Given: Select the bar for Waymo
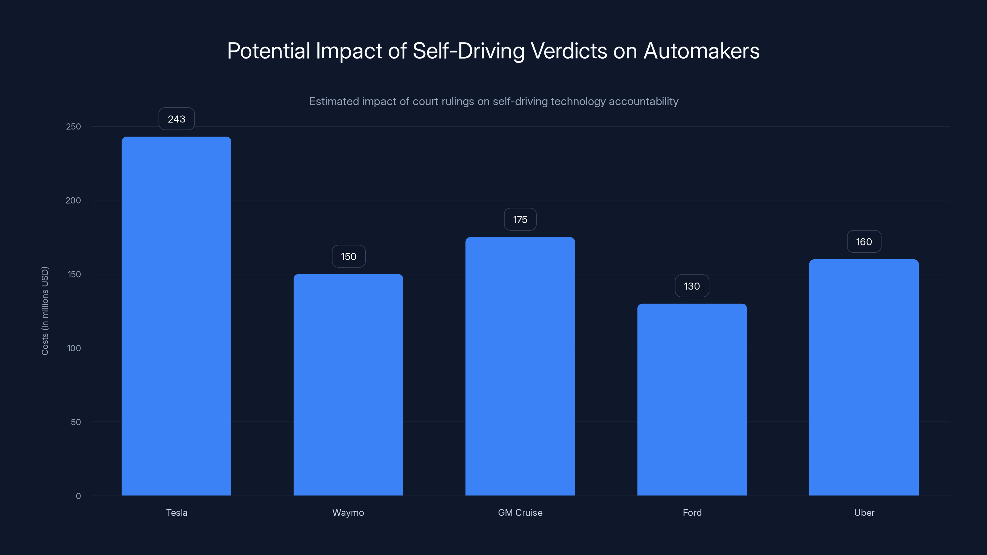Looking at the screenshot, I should (348, 384).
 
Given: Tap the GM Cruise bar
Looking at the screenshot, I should (520, 366).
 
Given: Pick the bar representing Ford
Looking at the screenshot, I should (692, 400).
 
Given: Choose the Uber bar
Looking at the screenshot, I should (864, 377).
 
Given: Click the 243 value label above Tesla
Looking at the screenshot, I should (177, 119).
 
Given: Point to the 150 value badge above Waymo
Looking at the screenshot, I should (348, 257).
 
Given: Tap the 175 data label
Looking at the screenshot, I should (520, 220).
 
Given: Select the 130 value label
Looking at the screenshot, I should (692, 286).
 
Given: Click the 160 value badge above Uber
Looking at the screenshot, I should (864, 242).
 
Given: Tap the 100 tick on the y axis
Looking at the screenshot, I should (74, 348).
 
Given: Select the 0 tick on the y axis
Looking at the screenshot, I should (78, 496).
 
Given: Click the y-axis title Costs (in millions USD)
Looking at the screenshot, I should (45, 310).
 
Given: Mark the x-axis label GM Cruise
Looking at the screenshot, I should (520, 512).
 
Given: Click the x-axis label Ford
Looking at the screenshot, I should (692, 512).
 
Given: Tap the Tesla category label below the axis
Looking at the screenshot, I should (177, 512).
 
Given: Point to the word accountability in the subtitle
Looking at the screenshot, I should (643, 101).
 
